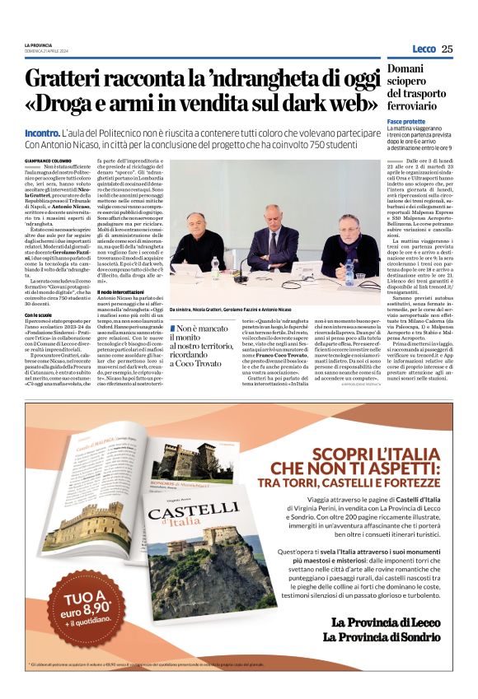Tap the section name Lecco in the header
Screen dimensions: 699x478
[424, 49]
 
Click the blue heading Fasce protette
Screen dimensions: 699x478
[406, 121]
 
